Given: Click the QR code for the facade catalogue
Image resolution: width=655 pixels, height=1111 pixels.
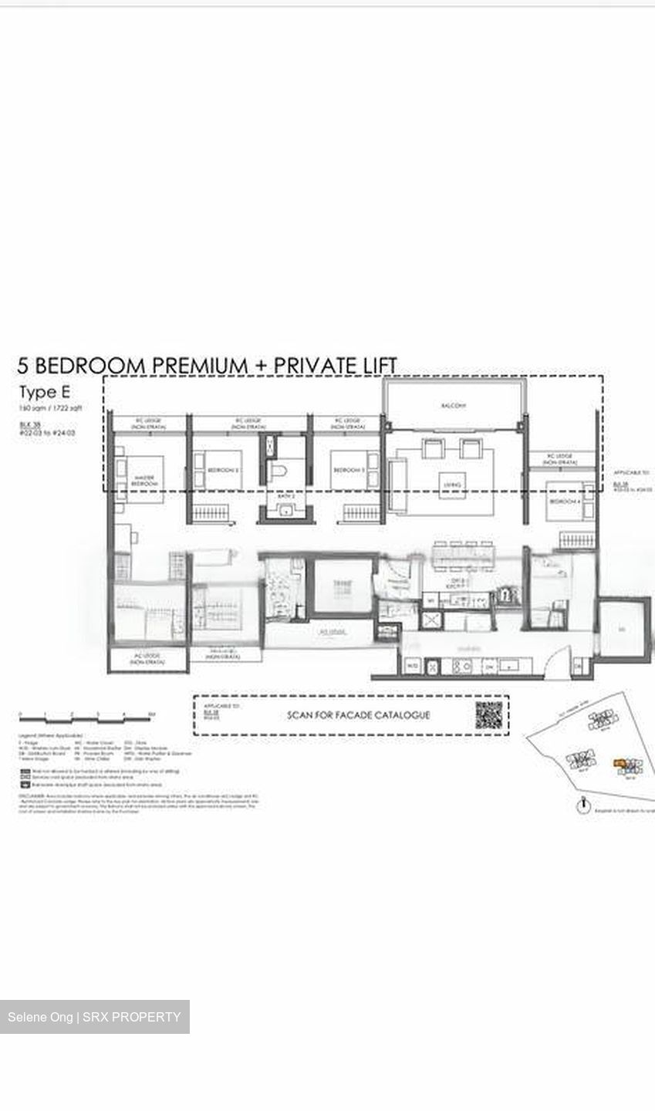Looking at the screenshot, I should tap(488, 714).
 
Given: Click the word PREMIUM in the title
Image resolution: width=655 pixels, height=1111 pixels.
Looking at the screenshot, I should tap(196, 365).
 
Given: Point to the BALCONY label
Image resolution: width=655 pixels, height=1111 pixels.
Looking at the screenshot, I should tap(454, 405).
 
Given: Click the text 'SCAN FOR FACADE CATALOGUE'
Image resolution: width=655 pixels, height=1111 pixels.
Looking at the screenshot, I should tap(359, 715).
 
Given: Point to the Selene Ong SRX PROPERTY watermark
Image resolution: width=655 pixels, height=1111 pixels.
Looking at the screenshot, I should tap(94, 1017).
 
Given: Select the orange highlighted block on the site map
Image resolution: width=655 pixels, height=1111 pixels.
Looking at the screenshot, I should tap(619, 764).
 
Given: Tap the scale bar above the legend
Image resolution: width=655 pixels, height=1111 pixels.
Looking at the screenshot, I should tap(86, 716).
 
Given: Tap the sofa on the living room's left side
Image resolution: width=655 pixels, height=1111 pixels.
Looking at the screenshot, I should tap(397, 485).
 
